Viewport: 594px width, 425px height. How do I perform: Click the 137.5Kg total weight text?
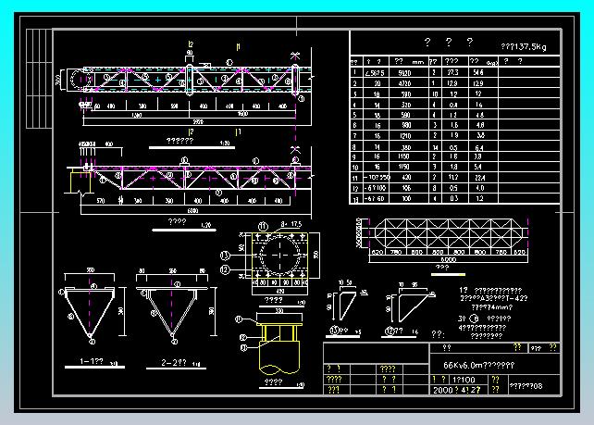[x=523, y=45]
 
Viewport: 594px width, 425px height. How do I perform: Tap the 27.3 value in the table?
[x=452, y=71]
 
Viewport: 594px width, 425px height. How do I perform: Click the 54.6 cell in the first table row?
[x=478, y=71]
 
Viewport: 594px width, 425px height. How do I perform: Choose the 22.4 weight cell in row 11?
[x=478, y=176]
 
